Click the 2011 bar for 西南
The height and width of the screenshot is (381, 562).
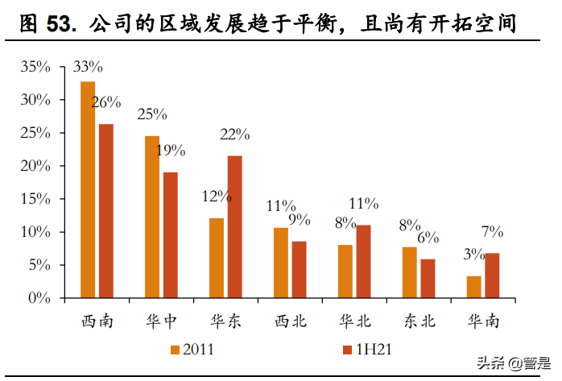[88, 189]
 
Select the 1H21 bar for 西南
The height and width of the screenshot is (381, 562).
[105, 211]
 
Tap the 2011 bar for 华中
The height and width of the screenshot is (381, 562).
[152, 217]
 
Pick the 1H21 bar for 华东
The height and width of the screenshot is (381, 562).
[234, 226]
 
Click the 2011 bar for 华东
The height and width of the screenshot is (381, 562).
[217, 258]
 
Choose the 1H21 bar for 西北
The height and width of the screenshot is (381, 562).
[299, 269]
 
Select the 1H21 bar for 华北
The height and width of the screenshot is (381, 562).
[363, 261]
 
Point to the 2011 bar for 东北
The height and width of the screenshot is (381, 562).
[410, 272]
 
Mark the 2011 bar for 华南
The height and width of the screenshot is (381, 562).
[474, 287]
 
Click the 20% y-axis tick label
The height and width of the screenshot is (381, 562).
[35, 167]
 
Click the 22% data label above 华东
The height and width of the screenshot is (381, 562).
[235, 135]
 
